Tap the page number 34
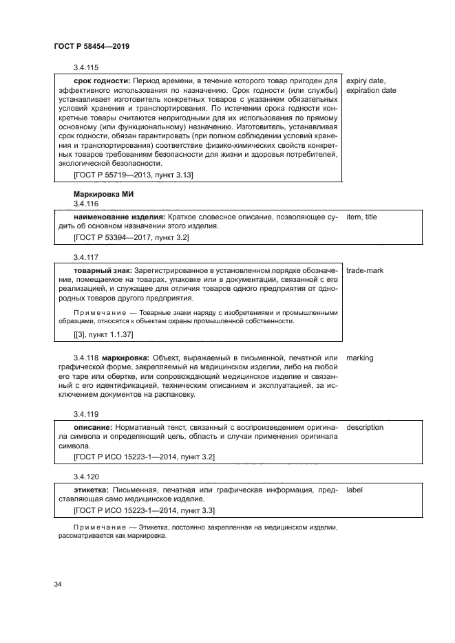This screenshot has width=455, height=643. click(x=58, y=585)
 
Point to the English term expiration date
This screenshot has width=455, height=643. click(x=371, y=90)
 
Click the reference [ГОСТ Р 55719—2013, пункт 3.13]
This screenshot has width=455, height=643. click(x=133, y=175)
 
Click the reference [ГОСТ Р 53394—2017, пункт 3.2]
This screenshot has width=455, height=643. click(x=131, y=237)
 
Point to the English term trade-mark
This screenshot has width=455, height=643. click(x=366, y=271)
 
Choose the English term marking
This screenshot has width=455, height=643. click(x=360, y=359)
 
